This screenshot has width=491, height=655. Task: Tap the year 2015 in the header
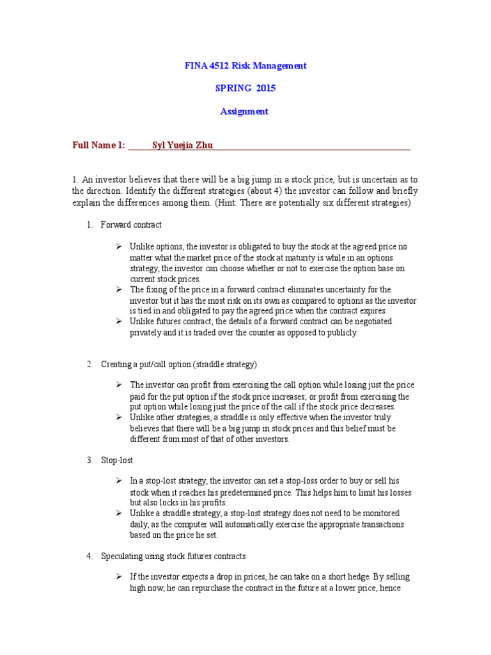265,88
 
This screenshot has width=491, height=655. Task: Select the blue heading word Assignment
244,111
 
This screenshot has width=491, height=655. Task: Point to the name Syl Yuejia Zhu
182,145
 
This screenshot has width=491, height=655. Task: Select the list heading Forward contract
131,225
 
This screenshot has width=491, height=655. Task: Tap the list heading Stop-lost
117,460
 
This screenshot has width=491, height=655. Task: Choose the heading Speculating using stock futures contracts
173,556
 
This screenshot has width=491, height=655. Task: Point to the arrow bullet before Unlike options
119,246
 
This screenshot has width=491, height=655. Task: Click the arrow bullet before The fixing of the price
119,290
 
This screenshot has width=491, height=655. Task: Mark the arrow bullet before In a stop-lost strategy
119,480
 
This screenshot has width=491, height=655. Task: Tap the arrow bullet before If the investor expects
119,577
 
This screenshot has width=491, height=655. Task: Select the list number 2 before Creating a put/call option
90,364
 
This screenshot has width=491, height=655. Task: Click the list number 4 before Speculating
90,556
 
